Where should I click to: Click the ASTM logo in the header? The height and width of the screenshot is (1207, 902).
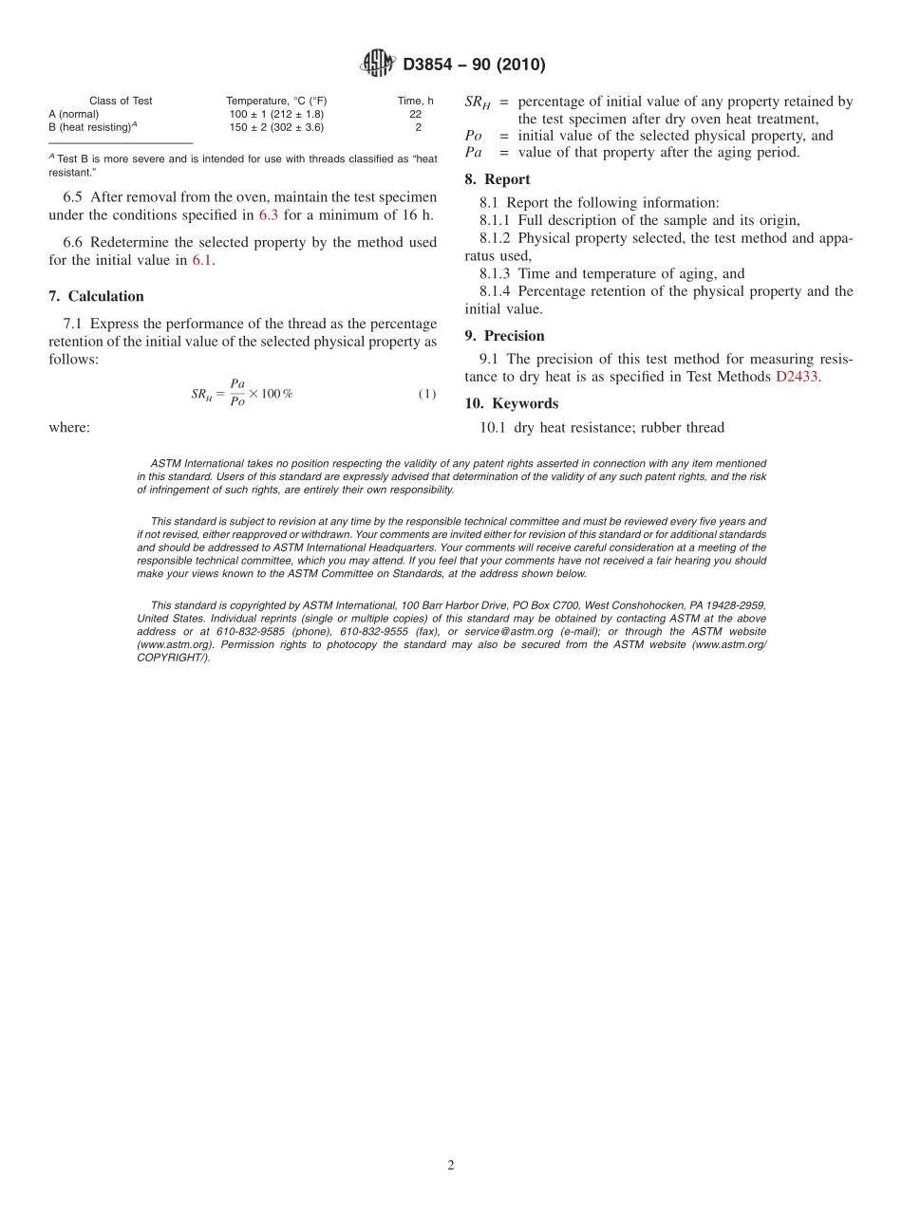377,64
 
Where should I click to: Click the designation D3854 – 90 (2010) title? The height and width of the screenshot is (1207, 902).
474,65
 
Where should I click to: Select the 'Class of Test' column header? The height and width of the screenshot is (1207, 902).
121,101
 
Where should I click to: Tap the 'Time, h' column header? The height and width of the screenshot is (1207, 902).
415,101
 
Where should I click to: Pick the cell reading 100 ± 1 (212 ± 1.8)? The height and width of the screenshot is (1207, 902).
276,114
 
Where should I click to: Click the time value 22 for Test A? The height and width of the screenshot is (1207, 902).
415,114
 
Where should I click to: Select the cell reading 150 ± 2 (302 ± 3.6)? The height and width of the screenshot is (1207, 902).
276,126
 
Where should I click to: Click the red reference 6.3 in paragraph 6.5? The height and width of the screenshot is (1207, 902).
269,215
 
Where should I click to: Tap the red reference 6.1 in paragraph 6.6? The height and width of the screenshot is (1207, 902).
202,260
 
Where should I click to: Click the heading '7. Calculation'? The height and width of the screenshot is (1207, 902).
96,296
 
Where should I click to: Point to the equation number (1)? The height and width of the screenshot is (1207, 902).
426,394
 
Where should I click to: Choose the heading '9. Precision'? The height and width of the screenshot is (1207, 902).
504,336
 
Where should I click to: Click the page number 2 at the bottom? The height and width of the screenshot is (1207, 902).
451,1166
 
